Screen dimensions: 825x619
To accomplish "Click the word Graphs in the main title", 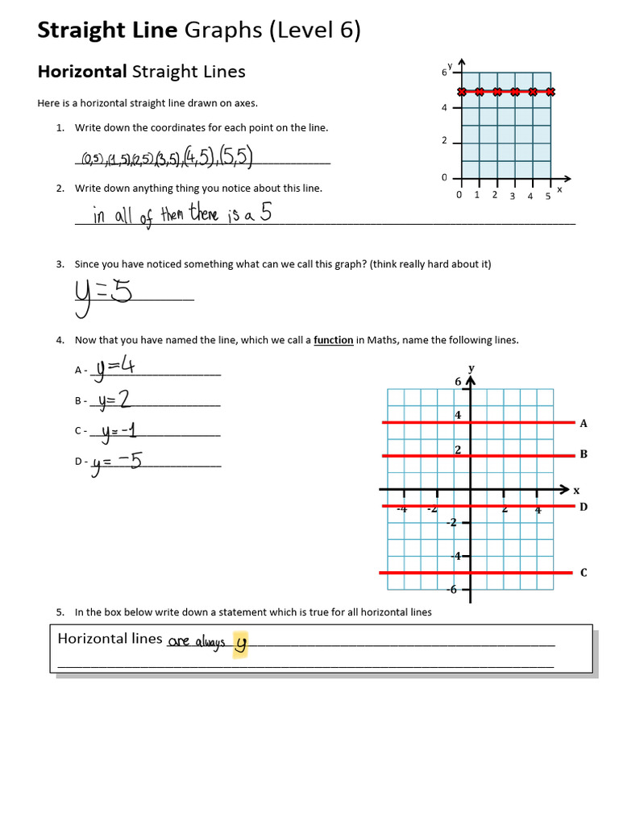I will (223, 31).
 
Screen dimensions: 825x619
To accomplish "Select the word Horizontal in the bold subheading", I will (82, 72).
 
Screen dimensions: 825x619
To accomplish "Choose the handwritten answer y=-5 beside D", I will (117, 462).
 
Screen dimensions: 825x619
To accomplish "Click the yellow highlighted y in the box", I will (239, 644).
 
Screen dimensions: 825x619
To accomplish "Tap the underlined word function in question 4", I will (333, 340).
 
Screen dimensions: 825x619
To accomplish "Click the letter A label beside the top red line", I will (584, 423).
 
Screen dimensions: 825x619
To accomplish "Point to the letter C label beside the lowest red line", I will (584, 573).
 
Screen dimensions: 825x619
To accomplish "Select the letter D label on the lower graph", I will (584, 507).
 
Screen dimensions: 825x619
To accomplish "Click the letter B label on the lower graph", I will (584, 454).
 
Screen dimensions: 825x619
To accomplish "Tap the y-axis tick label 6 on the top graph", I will (444, 72).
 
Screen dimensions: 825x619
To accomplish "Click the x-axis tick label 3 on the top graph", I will (512, 196).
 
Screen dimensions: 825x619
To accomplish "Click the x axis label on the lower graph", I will (576, 490).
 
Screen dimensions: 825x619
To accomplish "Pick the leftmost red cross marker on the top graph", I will (461, 92).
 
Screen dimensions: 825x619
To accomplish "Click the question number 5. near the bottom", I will (60, 612).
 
